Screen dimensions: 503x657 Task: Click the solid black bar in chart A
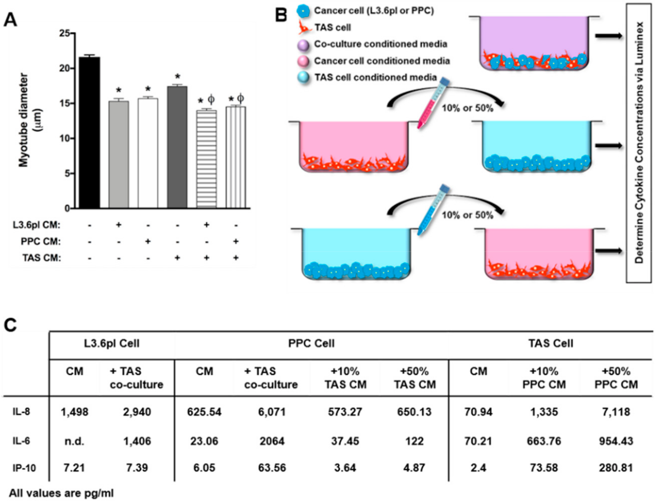(x=89, y=132)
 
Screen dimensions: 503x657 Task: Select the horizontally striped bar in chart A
(x=206, y=159)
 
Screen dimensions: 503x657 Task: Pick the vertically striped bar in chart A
(x=236, y=157)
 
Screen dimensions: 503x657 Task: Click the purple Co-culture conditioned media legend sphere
(x=303, y=45)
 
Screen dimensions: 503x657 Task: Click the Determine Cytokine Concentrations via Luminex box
(x=639, y=143)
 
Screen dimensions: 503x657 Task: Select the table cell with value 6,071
(x=272, y=412)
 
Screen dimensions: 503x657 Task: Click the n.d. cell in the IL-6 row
(x=74, y=441)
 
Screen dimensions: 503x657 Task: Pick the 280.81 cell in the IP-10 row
(x=616, y=468)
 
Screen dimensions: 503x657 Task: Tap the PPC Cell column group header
(x=311, y=343)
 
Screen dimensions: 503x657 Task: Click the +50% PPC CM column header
(x=616, y=378)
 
